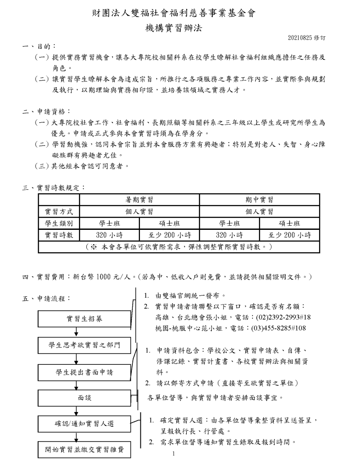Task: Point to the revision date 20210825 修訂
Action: [307, 38]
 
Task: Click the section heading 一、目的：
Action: [40, 46]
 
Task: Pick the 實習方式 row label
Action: [59, 211]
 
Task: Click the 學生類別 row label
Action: [59, 223]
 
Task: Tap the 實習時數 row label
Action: [59, 235]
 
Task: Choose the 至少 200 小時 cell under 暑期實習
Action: [169, 235]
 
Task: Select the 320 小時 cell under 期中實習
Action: [229, 235]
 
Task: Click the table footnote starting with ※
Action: [179, 247]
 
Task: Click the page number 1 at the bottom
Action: [173, 454]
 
